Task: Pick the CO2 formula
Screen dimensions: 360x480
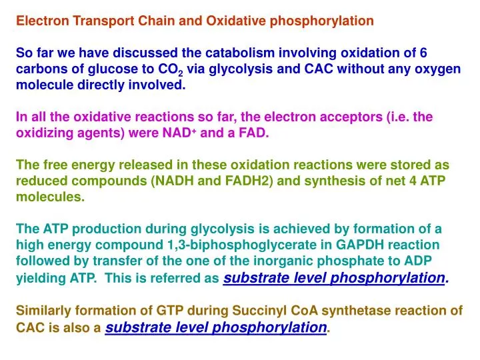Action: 169,69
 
